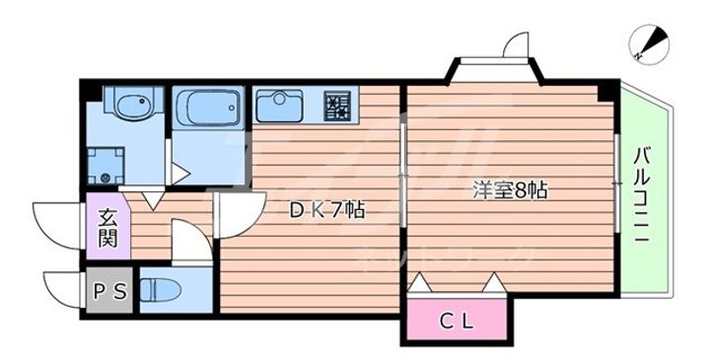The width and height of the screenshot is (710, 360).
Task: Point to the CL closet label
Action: [x=456, y=321]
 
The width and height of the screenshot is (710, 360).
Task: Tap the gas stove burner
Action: [x=337, y=104]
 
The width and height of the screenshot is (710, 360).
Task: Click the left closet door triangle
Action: [x=418, y=285]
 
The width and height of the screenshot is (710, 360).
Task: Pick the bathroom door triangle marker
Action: [x=179, y=173]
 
